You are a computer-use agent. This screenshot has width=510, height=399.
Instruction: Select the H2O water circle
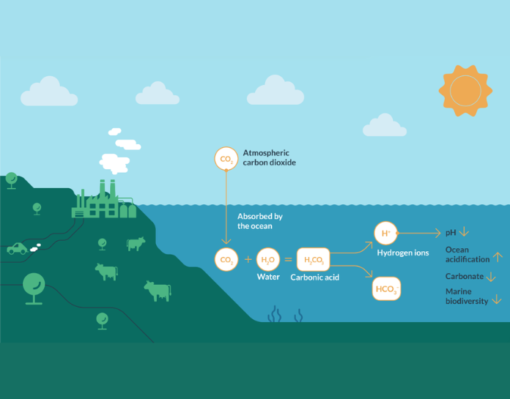coord(268,259)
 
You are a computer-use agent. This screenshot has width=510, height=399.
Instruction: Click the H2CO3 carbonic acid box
coord(313,260)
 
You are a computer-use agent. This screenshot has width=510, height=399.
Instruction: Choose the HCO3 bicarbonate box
coord(386,289)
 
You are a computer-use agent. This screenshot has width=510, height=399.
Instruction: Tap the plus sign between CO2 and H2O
coord(247,259)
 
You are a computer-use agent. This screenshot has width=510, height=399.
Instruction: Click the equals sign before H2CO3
coord(288,259)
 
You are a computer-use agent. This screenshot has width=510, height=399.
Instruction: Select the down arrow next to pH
coord(465,233)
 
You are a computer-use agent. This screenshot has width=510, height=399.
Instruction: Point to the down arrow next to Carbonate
coord(491,277)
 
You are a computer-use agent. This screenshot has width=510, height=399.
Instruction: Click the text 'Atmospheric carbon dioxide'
coord(270,157)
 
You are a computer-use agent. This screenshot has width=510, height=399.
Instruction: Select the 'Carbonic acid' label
coord(315,278)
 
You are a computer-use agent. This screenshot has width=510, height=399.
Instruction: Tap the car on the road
coord(17,249)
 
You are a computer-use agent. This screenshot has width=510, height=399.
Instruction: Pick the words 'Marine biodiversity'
coord(467,297)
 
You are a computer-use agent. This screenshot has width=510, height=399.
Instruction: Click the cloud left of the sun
coord(385,125)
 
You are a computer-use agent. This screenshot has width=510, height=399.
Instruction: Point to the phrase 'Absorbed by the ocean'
coord(259,221)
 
